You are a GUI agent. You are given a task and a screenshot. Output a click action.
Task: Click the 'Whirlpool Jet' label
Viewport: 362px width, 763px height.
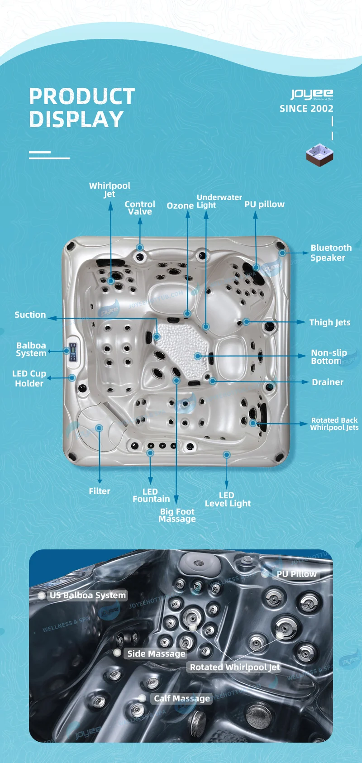point(110,190)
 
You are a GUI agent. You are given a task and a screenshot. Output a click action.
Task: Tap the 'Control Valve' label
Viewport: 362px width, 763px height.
point(140,208)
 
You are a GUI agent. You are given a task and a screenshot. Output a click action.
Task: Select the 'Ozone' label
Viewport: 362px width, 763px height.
point(180,205)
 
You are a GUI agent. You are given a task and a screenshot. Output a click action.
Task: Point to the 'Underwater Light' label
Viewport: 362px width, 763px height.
point(219,201)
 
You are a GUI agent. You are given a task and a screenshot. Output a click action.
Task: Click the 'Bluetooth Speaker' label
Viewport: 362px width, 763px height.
point(330,253)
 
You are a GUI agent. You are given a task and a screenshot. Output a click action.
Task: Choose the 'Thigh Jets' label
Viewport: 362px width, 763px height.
point(329,322)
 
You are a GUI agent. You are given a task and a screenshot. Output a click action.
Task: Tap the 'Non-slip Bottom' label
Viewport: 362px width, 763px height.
point(329,357)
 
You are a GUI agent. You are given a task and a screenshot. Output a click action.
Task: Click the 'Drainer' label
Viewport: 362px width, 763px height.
point(327,382)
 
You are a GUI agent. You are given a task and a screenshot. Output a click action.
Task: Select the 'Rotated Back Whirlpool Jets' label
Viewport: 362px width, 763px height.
point(334,424)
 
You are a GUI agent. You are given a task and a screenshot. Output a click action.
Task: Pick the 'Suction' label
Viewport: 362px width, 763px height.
point(30,315)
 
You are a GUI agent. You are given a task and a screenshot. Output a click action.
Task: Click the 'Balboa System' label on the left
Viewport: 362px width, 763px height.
point(31,349)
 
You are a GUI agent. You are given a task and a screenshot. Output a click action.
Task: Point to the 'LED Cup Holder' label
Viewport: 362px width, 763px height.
point(29,378)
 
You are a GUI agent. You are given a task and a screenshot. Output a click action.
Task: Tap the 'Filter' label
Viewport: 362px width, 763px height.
point(99,491)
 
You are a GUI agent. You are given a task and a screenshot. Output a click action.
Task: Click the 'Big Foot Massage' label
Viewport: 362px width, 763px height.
point(177,515)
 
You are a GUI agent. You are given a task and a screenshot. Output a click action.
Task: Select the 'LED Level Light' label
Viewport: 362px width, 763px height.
point(227,499)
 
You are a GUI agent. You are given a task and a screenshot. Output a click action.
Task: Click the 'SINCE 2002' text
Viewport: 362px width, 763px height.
point(306,109)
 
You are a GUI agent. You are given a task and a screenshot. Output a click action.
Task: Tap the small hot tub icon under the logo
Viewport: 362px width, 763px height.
point(319,155)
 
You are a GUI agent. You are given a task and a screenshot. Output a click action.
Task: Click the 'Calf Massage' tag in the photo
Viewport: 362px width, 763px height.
point(181,698)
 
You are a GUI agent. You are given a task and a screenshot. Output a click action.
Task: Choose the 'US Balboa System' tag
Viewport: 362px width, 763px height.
point(87,596)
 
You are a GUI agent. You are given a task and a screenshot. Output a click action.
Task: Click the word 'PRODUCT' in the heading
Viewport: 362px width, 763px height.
point(82,96)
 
